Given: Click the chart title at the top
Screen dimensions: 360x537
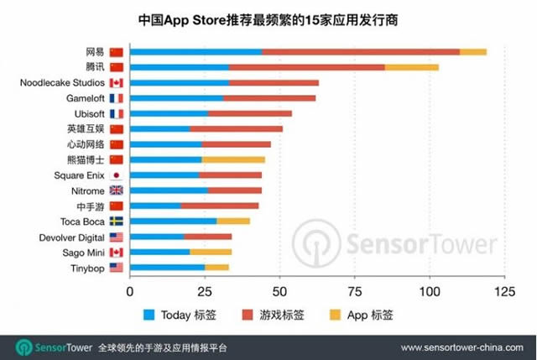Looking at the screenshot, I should (268, 18).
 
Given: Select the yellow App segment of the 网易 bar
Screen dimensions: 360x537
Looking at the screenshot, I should (473, 52).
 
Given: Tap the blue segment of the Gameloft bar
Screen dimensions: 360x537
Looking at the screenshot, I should (176, 98).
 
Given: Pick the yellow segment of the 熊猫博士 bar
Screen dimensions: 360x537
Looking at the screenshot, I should (233, 159).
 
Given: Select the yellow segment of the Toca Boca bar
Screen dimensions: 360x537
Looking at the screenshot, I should (233, 221).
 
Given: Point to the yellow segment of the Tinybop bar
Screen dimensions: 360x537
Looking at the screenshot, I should (217, 267).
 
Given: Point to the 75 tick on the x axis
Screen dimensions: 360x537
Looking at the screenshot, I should (354, 292).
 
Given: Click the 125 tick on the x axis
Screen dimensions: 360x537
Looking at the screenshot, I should (503, 292).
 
